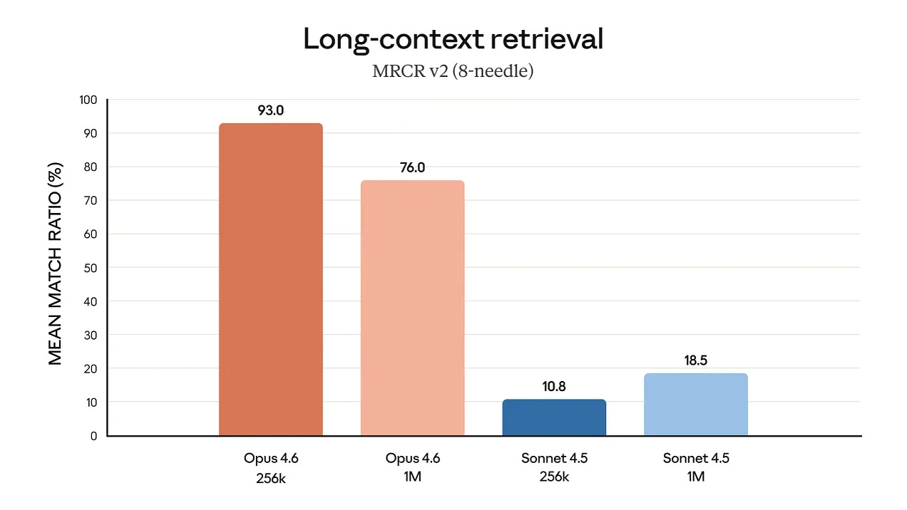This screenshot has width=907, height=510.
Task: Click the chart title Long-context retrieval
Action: pos(453,39)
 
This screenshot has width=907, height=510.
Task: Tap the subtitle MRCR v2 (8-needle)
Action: pos(453,71)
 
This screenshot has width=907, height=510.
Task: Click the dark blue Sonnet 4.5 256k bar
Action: pos(554,417)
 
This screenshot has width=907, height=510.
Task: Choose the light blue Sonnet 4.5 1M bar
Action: pos(696,405)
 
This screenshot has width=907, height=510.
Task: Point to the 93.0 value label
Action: pos(271,110)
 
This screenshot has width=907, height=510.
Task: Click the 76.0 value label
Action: pos(412,167)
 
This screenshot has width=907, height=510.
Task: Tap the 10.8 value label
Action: pos(554,387)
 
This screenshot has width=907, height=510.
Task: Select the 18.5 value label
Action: pos(696,360)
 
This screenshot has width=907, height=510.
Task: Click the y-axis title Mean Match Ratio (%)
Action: pos(56,264)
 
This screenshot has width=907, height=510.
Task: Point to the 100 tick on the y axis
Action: pos(88,100)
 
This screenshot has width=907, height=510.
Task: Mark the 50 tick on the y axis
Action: pos(91,268)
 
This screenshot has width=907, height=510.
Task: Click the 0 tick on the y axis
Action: pos(93,436)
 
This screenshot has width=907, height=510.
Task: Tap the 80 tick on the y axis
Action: pos(91,167)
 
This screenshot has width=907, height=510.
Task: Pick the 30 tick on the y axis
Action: pos(91,335)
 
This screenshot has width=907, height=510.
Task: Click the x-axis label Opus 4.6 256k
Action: pos(271,467)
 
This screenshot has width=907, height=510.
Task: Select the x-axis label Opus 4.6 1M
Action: pos(412,467)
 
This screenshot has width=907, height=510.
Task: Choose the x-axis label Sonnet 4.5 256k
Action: pos(554,467)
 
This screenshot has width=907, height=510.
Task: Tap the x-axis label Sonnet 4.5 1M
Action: pos(696,467)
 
